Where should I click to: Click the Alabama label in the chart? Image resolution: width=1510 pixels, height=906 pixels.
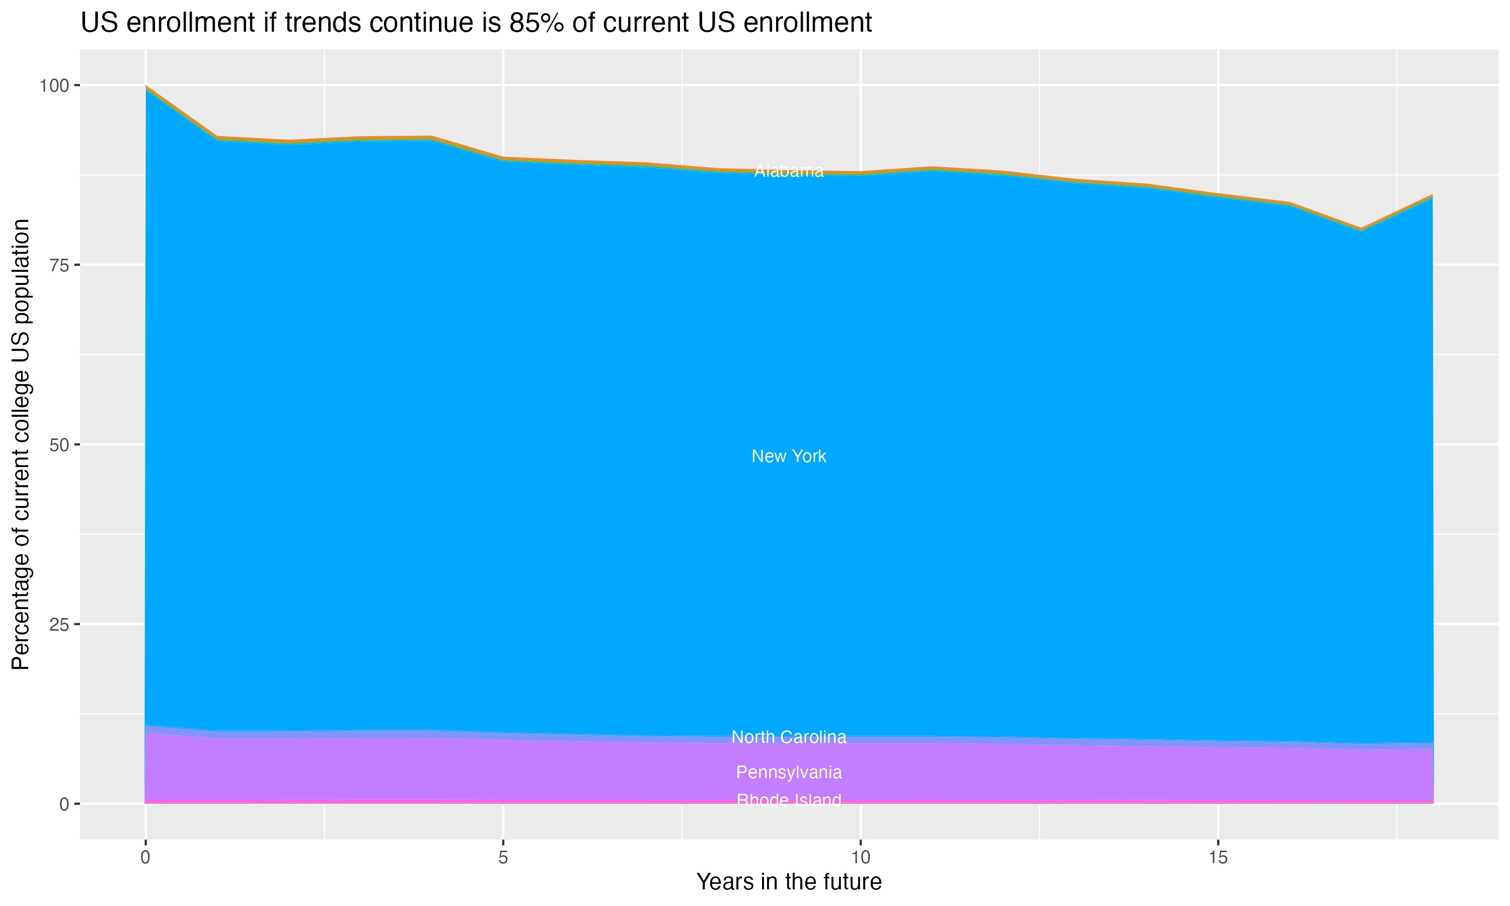coord(789,172)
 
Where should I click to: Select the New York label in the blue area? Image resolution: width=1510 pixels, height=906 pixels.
coord(789,456)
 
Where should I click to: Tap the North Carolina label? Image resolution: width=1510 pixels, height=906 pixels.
coord(789,737)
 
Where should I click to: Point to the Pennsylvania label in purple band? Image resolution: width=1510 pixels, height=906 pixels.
coord(789,772)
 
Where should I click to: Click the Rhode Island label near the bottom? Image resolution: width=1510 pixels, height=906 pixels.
coord(789,800)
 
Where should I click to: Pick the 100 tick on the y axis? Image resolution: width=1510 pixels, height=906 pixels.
coord(54,86)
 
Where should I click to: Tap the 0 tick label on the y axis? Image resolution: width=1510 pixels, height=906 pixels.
coord(64,804)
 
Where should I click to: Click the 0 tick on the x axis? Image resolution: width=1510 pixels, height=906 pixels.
coord(145,858)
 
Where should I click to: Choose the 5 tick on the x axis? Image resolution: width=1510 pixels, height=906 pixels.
coord(503,858)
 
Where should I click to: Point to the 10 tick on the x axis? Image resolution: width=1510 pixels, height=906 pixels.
coord(860,858)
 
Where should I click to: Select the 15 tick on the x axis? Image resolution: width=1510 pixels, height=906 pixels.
coord(1218,858)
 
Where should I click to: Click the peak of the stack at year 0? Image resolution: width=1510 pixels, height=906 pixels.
coord(146,87)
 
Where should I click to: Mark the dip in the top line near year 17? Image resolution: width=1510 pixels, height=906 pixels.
coord(1361,229)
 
